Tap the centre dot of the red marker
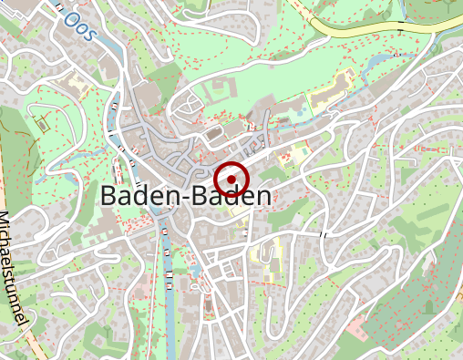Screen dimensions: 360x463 click(232, 177)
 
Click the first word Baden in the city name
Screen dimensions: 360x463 click(134, 196)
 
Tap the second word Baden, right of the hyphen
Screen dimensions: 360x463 click(226, 196)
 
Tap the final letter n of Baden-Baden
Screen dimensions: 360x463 click(263, 196)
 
